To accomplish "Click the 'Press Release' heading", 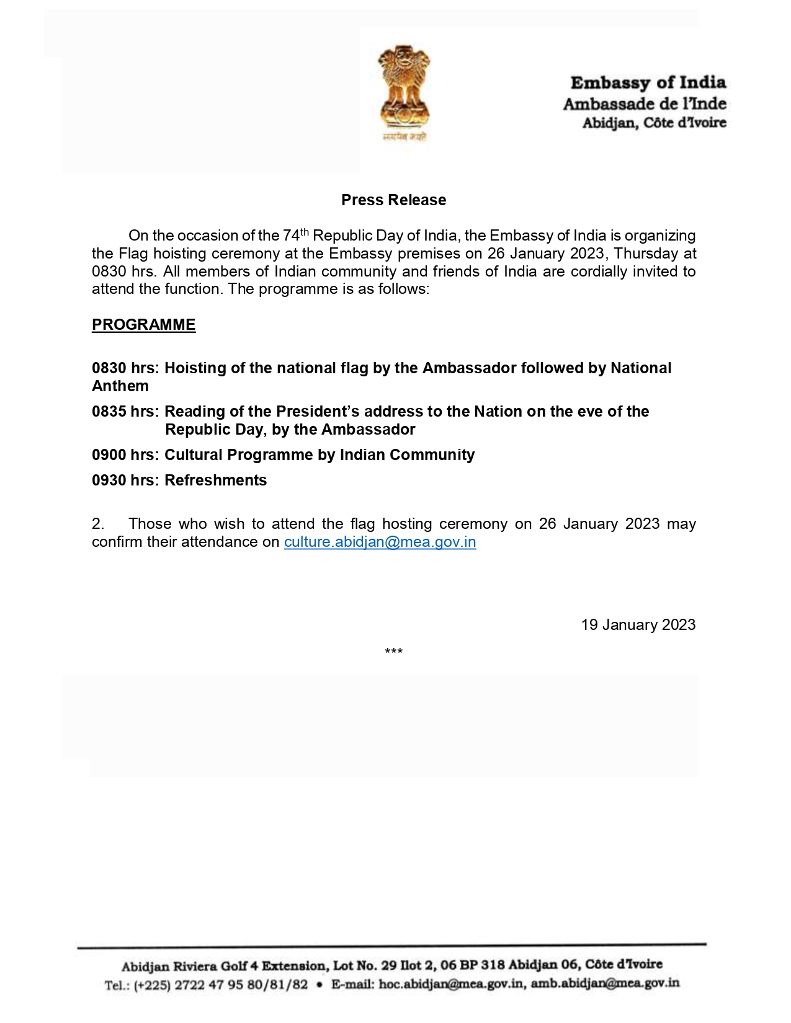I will pos(393,200).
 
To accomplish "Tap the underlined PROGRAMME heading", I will pos(143,325).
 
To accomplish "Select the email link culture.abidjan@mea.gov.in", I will pos(380,542).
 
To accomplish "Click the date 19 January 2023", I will pos(638,624).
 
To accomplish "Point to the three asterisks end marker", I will pos(393,652).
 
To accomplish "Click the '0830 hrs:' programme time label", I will pos(125,368).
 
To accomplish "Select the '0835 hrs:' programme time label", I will pos(125,412).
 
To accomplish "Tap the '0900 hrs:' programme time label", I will pos(125,455).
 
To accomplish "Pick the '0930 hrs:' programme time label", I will pos(125,480).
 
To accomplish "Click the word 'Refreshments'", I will pos(215,480).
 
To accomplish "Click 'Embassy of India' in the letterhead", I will pos(648,82).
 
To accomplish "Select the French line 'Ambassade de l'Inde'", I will pos(645,104).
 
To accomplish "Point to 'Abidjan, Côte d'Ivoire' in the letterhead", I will pos(654,123).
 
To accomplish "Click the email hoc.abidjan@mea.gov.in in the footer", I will pos(452,984).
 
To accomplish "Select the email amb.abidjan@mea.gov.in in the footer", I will pos(605,983).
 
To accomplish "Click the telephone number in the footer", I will pos(220,985).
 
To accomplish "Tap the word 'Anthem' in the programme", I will pos(120,386).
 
